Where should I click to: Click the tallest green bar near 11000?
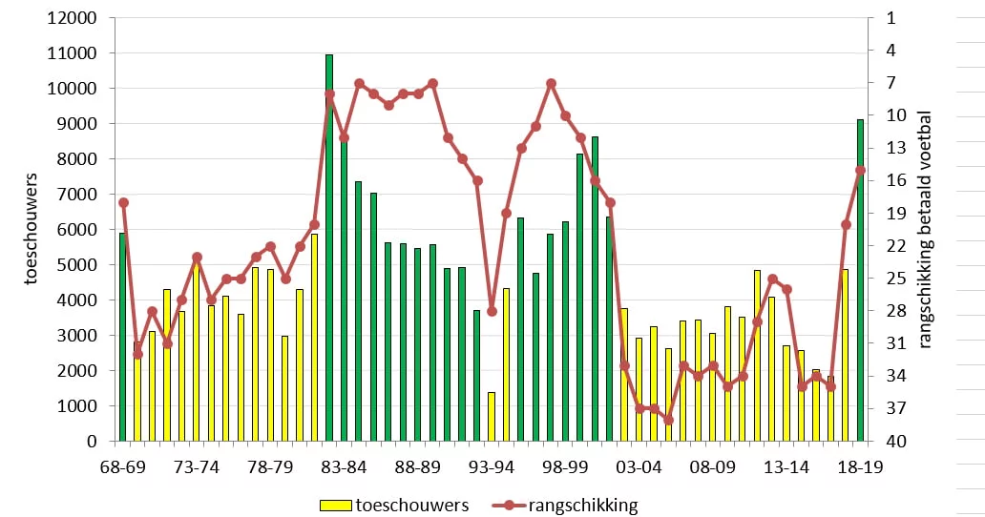[x=329, y=248]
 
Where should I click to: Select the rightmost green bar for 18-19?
[x=860, y=280]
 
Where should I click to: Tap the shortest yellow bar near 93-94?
[x=492, y=417]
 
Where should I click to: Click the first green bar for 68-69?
[x=122, y=337]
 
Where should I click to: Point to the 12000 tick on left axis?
[x=73, y=18]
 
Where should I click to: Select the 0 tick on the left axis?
[x=92, y=442]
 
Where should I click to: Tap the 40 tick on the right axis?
[x=896, y=442]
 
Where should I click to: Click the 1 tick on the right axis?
[x=891, y=18]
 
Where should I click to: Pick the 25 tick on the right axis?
[x=896, y=279]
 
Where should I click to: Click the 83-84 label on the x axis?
[x=344, y=467]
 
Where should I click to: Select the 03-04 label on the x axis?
[x=639, y=467]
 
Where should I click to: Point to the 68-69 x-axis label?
[x=123, y=467]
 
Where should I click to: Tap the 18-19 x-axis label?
[x=860, y=467]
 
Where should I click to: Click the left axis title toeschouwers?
[x=31, y=229]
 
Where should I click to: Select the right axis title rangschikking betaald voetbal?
[x=925, y=230]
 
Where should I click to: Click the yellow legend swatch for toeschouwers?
[x=335, y=506]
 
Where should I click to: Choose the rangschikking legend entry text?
[x=583, y=506]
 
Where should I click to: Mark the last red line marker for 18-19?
[x=861, y=170]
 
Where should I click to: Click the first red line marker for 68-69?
[x=123, y=202]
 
